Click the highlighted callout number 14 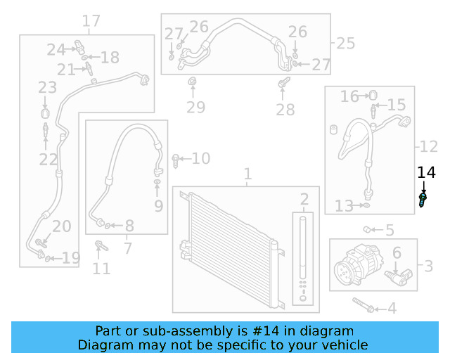click(426, 173)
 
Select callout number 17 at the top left click(91, 21)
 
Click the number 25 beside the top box click(345, 44)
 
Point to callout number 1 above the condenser click(247, 173)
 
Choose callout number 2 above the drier click(304, 199)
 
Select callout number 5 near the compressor click(389, 230)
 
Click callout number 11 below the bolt click(101, 268)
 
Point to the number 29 click(195, 107)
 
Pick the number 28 click(285, 110)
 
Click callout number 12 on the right click(429, 147)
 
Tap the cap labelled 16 click(373, 95)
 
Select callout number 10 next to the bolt click(200, 159)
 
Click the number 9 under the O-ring click(158, 206)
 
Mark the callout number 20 click(62, 226)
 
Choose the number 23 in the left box click(47, 88)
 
